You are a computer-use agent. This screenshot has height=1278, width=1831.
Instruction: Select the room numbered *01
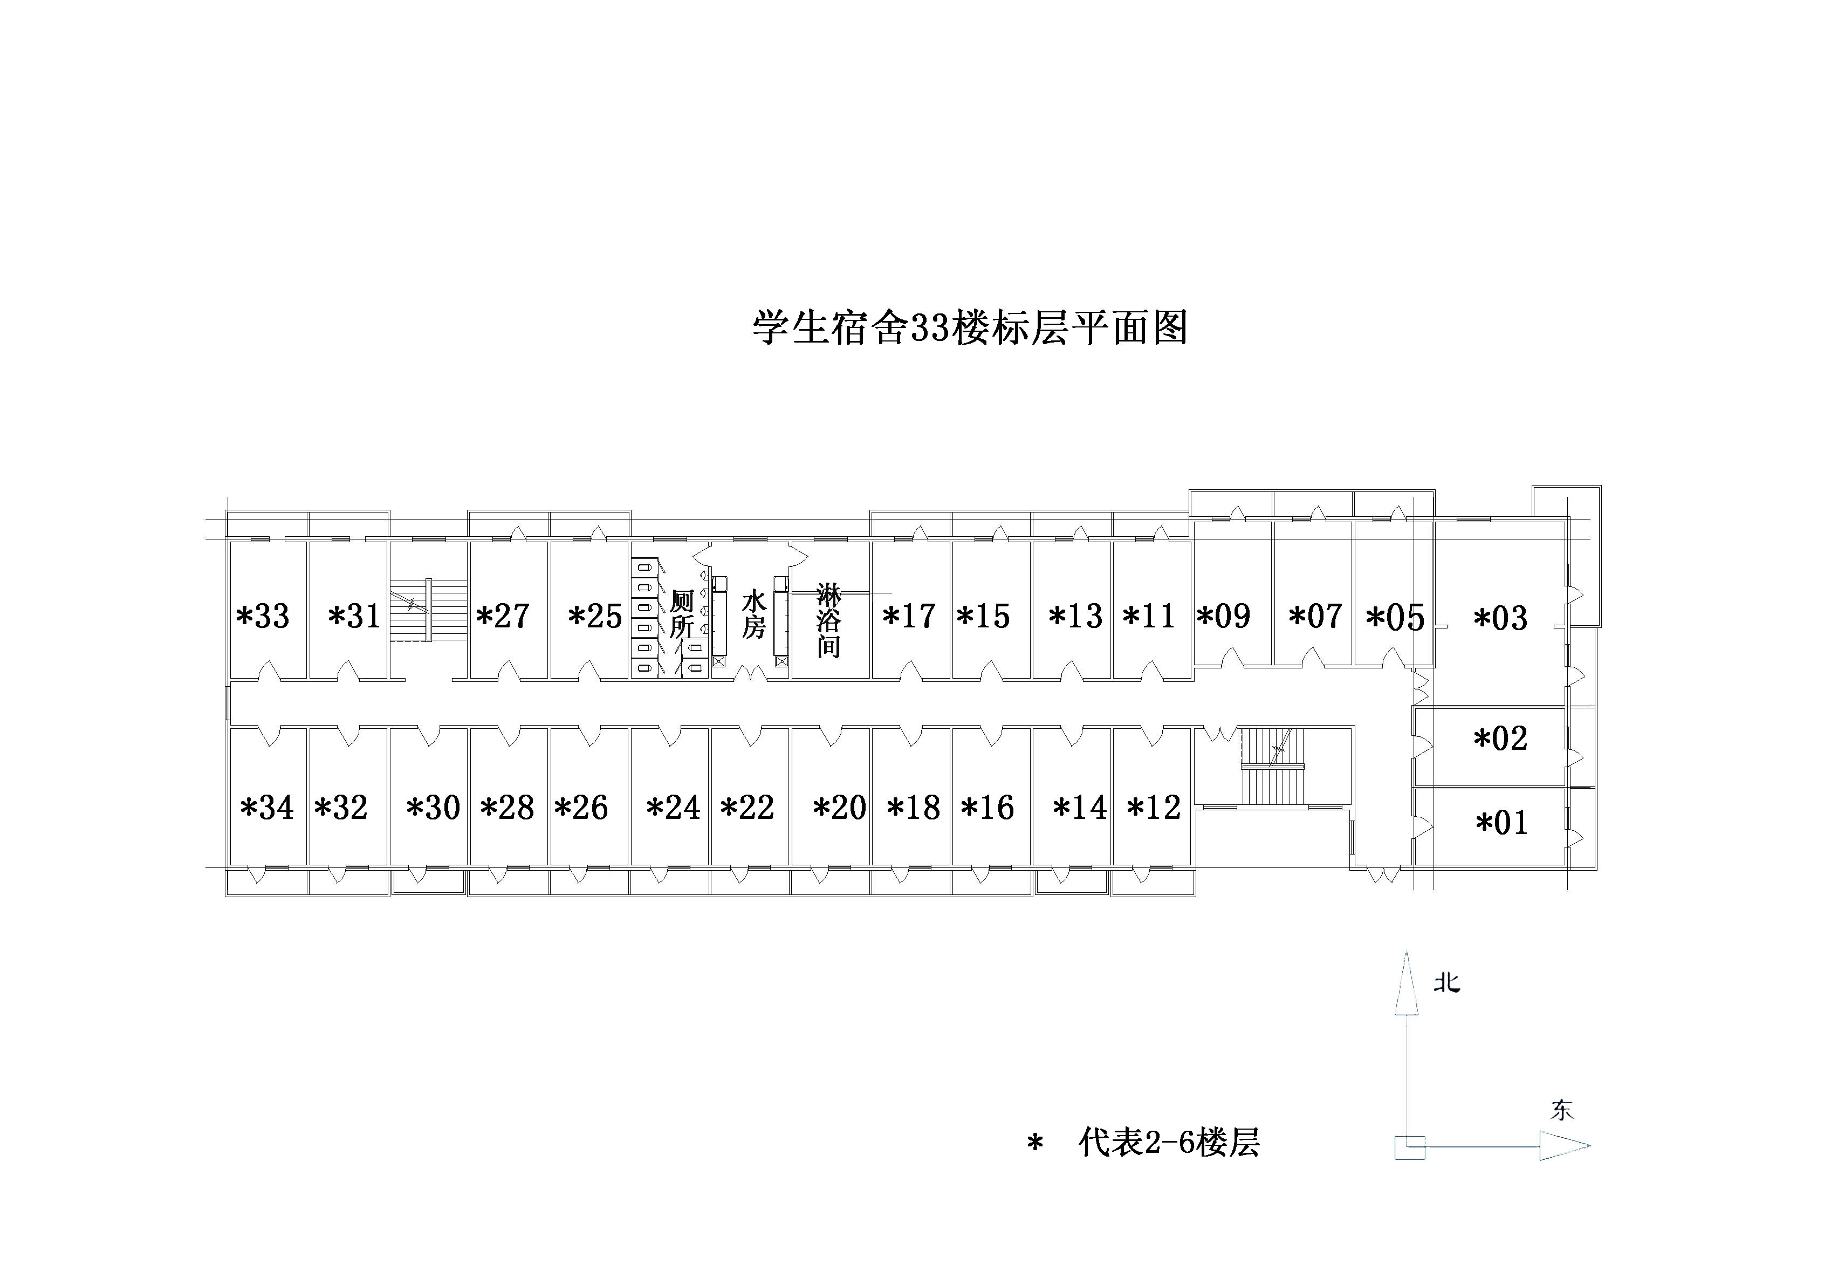pos(1501,823)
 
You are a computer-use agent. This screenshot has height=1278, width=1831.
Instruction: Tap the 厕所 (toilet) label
pos(681,614)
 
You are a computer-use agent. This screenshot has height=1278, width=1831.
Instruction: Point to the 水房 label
pos(753,614)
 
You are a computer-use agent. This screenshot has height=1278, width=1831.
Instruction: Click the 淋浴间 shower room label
pos(828,620)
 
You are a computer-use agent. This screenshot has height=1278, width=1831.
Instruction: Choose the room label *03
pos(1500,618)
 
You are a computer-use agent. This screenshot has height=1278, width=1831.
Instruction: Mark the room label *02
pos(1500,739)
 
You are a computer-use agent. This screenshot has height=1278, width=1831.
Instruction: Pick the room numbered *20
pos(840,808)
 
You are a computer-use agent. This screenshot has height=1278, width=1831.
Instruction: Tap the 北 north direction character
pos(1446,983)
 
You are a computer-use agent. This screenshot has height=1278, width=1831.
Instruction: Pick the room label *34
pos(267,808)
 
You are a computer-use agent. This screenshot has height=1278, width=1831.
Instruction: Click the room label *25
pos(595,617)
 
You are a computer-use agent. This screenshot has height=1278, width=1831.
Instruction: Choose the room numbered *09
pos(1223,617)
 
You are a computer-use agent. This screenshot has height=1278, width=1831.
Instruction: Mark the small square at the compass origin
pos(1409,1146)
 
